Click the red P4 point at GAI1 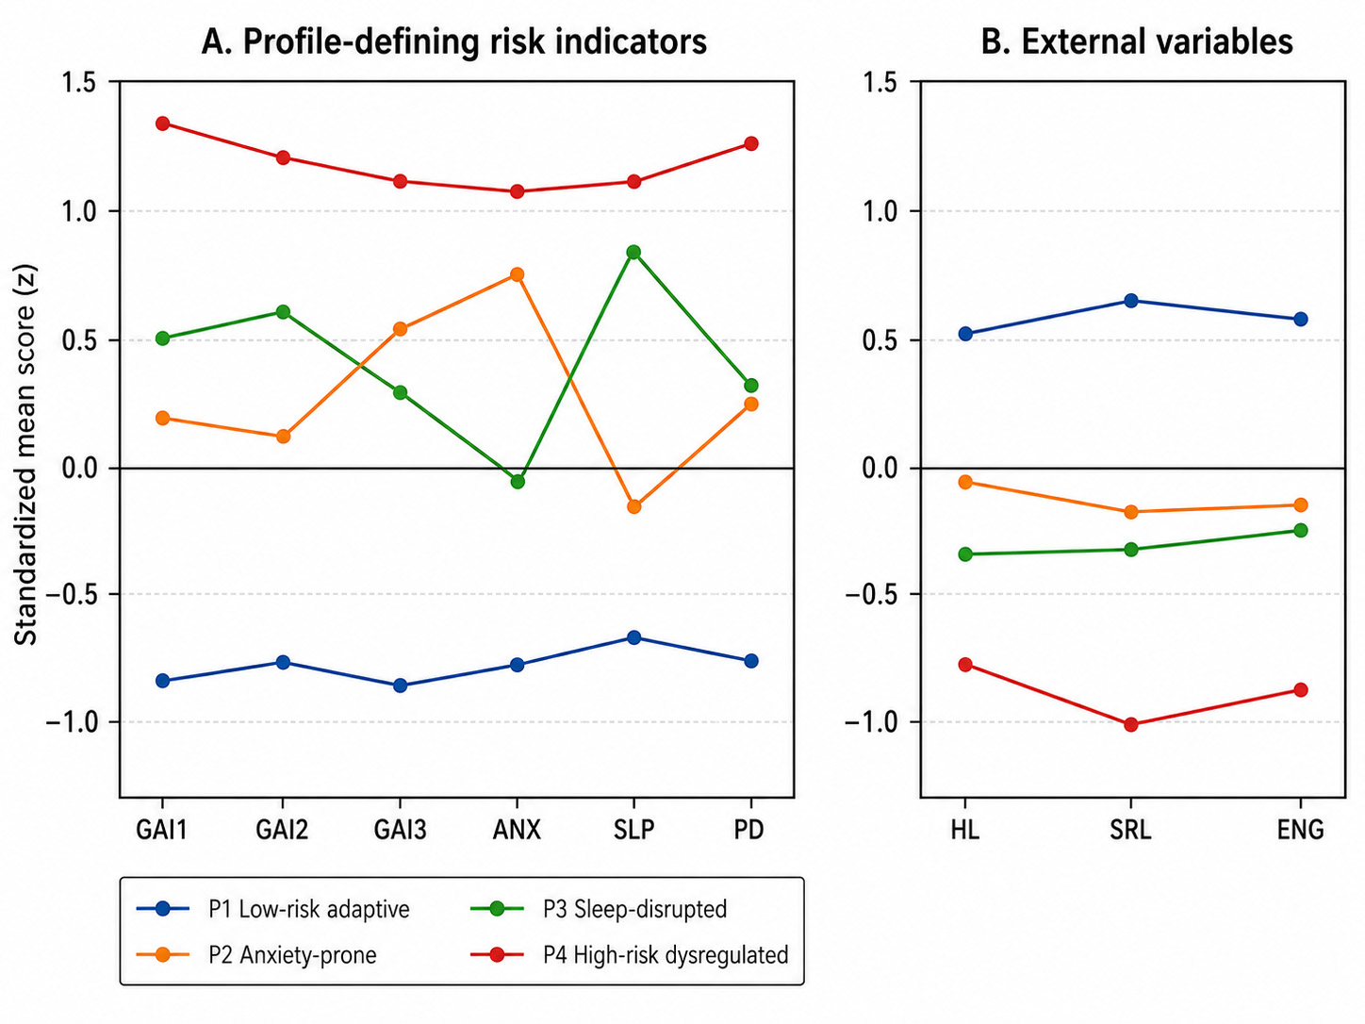pyautogui.click(x=162, y=124)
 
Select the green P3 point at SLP pyautogui.click(x=633, y=252)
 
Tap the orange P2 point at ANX pyautogui.click(x=517, y=274)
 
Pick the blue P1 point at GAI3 pyautogui.click(x=401, y=685)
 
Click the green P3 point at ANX pyautogui.click(x=518, y=481)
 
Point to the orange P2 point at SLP pyautogui.click(x=633, y=506)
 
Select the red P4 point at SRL pyautogui.click(x=1131, y=724)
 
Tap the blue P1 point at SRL pyautogui.click(x=1131, y=301)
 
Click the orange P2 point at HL pyautogui.click(x=965, y=482)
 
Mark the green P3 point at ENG pyautogui.click(x=1300, y=530)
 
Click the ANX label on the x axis pyautogui.click(x=517, y=830)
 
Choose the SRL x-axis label pyautogui.click(x=1130, y=830)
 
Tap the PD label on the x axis pyautogui.click(x=748, y=830)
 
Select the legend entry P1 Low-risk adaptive pyautogui.click(x=273, y=909)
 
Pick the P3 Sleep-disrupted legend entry pyautogui.click(x=599, y=909)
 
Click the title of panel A pyautogui.click(x=454, y=42)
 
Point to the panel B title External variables pyautogui.click(x=1137, y=41)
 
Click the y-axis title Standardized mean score pyautogui.click(x=25, y=455)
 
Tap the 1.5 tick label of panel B pyautogui.click(x=880, y=82)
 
